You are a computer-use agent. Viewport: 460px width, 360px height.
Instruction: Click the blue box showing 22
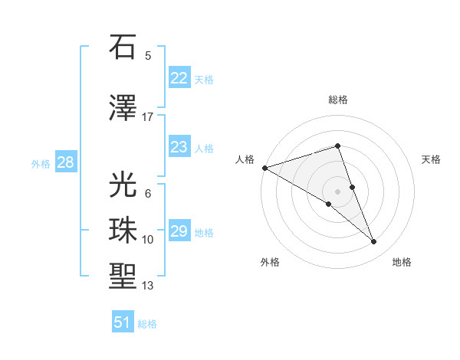[x=179, y=78]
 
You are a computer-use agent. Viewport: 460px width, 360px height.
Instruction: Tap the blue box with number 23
[x=179, y=147]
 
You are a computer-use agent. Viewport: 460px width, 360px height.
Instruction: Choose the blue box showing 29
[x=179, y=231]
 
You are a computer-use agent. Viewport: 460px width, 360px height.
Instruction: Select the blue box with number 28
[x=65, y=162]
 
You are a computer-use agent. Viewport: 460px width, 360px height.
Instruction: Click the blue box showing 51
[x=123, y=322]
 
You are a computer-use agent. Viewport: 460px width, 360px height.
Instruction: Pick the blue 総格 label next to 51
[x=147, y=324]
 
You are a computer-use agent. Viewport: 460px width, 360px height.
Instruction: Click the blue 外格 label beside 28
[x=41, y=163]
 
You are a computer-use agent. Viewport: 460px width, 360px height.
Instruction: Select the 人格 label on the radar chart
[x=245, y=159]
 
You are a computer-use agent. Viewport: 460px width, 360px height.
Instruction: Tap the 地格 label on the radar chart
[x=402, y=262]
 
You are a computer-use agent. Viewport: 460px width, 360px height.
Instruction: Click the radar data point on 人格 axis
[x=264, y=168]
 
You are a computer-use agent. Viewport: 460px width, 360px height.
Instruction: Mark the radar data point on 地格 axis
[x=374, y=242]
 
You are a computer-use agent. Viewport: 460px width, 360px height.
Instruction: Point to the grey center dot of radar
[x=337, y=191]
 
